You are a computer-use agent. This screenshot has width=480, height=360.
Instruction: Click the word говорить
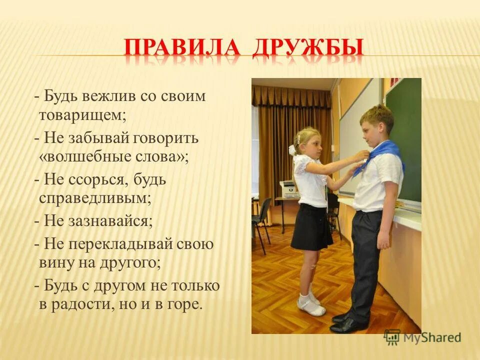[166, 137]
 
